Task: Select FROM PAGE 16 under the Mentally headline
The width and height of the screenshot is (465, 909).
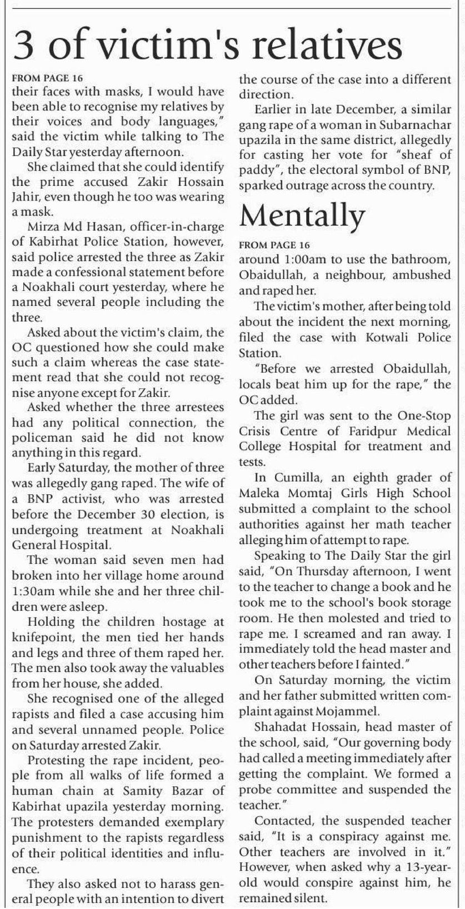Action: pyautogui.click(x=274, y=245)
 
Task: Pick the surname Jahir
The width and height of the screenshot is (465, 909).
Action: pyautogui.click(x=24, y=197)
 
